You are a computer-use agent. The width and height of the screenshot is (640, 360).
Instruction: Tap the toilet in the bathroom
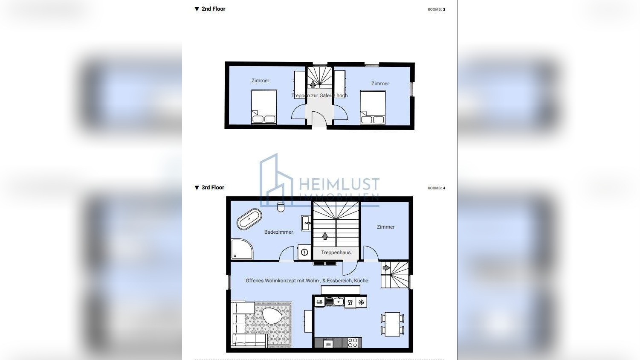click(x=281, y=208)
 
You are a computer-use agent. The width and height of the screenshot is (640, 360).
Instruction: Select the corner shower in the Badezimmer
click(x=241, y=250)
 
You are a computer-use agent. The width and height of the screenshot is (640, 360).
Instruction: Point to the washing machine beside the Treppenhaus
click(x=304, y=252)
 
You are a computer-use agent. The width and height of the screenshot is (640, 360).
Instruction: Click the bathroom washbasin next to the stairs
click(x=306, y=223)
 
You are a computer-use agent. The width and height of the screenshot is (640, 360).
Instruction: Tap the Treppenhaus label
click(x=336, y=253)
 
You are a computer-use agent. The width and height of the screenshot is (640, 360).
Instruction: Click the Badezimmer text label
click(x=278, y=232)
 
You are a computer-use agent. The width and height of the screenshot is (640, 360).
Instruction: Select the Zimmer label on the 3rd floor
click(x=385, y=227)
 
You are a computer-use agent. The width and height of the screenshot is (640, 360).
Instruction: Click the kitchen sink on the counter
click(x=335, y=302)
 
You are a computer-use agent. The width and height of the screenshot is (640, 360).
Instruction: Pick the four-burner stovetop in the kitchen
click(x=353, y=342)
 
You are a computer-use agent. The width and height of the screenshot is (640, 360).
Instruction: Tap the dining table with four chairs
click(x=392, y=324)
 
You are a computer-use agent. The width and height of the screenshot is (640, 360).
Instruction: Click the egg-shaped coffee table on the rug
click(x=272, y=316)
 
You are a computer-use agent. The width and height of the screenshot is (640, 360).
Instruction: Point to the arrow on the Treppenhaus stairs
click(x=325, y=236)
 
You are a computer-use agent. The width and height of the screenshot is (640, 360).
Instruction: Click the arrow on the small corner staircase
click(x=386, y=268)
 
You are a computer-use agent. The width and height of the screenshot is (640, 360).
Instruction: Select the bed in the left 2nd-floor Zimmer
click(x=264, y=107)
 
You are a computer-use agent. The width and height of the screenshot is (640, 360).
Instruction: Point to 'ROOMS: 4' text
click(x=436, y=188)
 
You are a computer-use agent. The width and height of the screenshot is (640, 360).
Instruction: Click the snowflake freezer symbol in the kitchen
click(x=361, y=302)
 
